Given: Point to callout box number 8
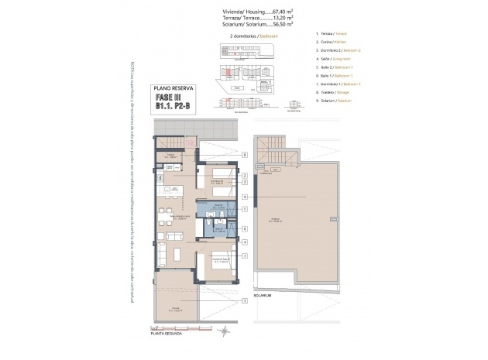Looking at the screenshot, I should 245,154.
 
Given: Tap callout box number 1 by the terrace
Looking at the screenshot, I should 245,297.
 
